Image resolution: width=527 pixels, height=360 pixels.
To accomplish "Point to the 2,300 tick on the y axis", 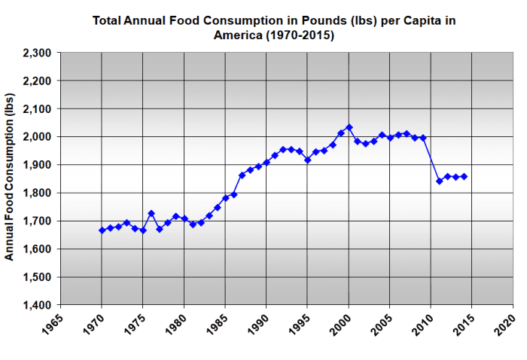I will click(36, 53).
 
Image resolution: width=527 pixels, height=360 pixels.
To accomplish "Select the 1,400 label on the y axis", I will click(36, 305).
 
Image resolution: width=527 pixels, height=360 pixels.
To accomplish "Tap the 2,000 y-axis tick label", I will click(36, 137).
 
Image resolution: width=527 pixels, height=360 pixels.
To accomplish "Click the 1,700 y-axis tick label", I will click(36, 221).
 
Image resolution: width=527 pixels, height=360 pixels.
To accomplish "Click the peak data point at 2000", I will click(349, 127).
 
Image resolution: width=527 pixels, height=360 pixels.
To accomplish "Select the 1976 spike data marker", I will click(151, 213).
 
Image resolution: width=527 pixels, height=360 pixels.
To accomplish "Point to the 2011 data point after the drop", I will click(440, 181).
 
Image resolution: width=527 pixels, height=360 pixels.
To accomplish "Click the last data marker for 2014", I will click(465, 176).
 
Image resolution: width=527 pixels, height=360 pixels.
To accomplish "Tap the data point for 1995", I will click(308, 160).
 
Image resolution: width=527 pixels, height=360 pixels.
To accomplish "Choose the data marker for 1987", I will click(242, 175).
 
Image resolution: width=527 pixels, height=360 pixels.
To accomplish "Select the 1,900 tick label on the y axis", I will click(36, 165).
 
